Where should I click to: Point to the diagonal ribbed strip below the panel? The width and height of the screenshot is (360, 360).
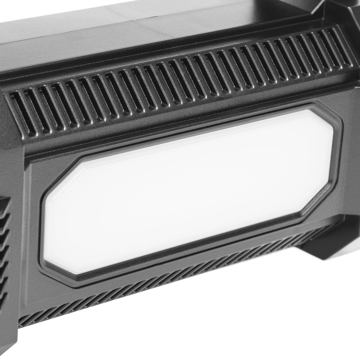point(148,300)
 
